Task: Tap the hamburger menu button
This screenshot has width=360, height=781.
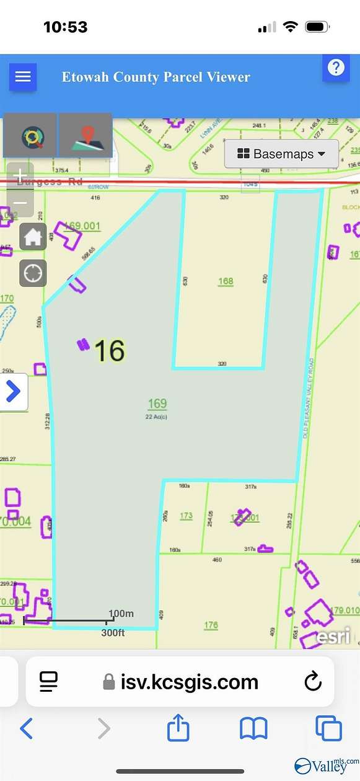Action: [x=23, y=77]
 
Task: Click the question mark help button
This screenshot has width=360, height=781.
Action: [x=336, y=67]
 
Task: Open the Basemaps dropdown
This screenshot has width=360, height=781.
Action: [x=281, y=154]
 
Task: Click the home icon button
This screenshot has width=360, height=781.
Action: [x=33, y=237]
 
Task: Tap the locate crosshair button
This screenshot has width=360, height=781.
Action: [x=33, y=273]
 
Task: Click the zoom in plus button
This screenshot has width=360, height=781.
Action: [x=20, y=175]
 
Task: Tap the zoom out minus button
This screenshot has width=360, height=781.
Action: [x=20, y=202]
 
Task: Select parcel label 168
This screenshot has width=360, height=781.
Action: [x=226, y=281]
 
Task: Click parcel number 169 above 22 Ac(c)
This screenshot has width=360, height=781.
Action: [x=157, y=404]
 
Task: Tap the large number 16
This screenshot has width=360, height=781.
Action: [x=110, y=351]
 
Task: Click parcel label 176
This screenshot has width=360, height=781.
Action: [x=211, y=625]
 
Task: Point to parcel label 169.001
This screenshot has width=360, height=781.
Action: [x=82, y=226]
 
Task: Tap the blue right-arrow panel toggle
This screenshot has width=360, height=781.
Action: [x=13, y=392]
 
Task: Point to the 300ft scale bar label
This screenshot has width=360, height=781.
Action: [x=113, y=633]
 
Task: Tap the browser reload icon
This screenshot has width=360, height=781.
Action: [x=313, y=682]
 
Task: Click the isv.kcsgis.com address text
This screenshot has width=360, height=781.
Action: [x=188, y=682]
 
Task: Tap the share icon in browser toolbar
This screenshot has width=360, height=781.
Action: [x=178, y=728]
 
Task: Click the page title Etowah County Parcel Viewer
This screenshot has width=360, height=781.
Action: [x=156, y=77]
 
